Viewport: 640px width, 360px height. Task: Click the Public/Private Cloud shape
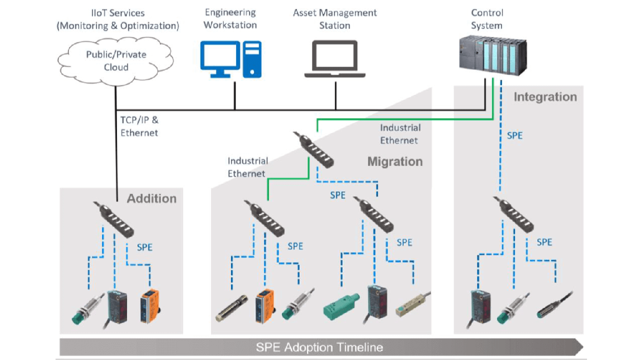coord(116,60)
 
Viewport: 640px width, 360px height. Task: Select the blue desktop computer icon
coord(230,59)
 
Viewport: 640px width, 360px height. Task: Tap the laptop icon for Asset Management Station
coord(335,59)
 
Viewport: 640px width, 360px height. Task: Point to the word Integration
coord(545,96)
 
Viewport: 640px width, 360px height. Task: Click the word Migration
coord(395,161)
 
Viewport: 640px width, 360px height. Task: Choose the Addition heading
coord(151,198)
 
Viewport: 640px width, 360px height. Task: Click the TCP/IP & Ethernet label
coord(139,126)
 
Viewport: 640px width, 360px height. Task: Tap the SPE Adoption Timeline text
coord(319,347)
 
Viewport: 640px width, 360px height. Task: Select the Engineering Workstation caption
coord(230,18)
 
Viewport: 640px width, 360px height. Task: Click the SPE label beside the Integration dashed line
coord(515,135)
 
